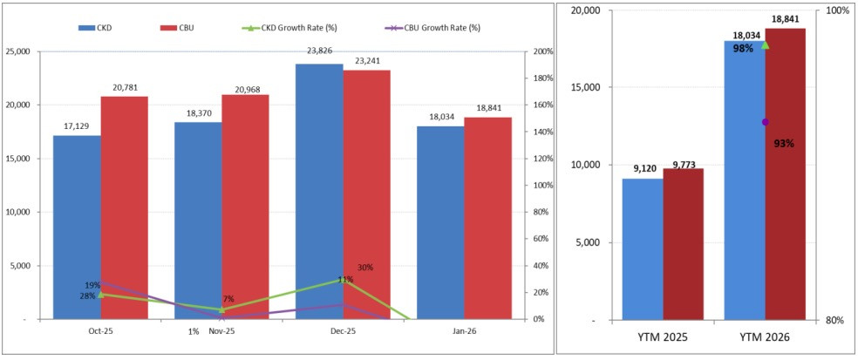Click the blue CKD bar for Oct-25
(77, 227)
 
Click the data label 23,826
(319, 51)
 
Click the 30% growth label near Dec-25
(365, 268)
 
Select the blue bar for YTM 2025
(642, 249)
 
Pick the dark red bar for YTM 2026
(785, 174)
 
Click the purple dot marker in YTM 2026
(766, 122)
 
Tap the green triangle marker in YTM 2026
(766, 44)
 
